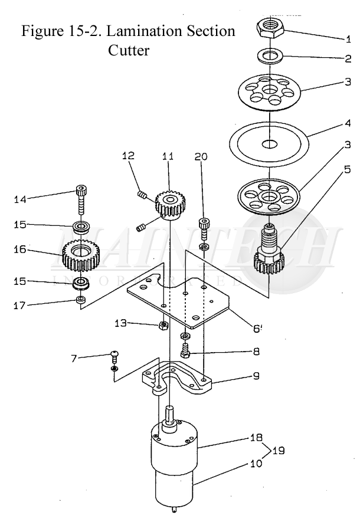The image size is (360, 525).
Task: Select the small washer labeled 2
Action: click(x=270, y=55)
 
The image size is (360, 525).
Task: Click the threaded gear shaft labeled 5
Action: click(x=269, y=250)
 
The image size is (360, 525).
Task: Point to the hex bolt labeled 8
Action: click(x=185, y=350)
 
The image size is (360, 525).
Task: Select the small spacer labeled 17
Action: click(x=81, y=299)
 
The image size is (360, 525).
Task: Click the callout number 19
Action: click(x=279, y=450)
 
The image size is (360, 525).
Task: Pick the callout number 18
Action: click(x=256, y=438)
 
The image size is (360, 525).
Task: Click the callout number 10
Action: click(x=256, y=464)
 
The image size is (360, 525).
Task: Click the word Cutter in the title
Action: click(x=129, y=51)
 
